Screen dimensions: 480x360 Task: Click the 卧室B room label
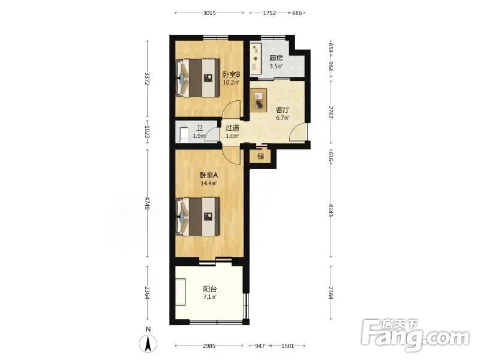click(x=231, y=74)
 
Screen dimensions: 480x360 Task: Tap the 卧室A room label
click(x=208, y=175)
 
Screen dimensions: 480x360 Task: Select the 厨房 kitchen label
click(x=276, y=58)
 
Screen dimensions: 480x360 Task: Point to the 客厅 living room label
click(x=283, y=110)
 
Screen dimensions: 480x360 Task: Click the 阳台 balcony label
click(x=210, y=289)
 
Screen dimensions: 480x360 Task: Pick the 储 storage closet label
click(x=261, y=157)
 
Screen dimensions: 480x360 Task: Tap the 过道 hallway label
click(x=232, y=128)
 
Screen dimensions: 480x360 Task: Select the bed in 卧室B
click(x=198, y=78)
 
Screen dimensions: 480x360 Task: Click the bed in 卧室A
click(x=198, y=217)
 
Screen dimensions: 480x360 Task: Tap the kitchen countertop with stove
click(x=256, y=58)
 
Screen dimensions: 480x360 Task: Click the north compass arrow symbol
click(x=148, y=343)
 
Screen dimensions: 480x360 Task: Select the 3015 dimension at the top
click(x=209, y=13)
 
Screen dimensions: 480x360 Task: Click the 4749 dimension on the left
click(x=147, y=203)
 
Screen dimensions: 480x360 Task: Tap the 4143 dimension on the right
click(x=331, y=210)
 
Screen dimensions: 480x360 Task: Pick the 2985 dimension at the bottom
click(x=209, y=346)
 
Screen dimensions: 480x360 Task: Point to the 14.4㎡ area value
click(x=208, y=184)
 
